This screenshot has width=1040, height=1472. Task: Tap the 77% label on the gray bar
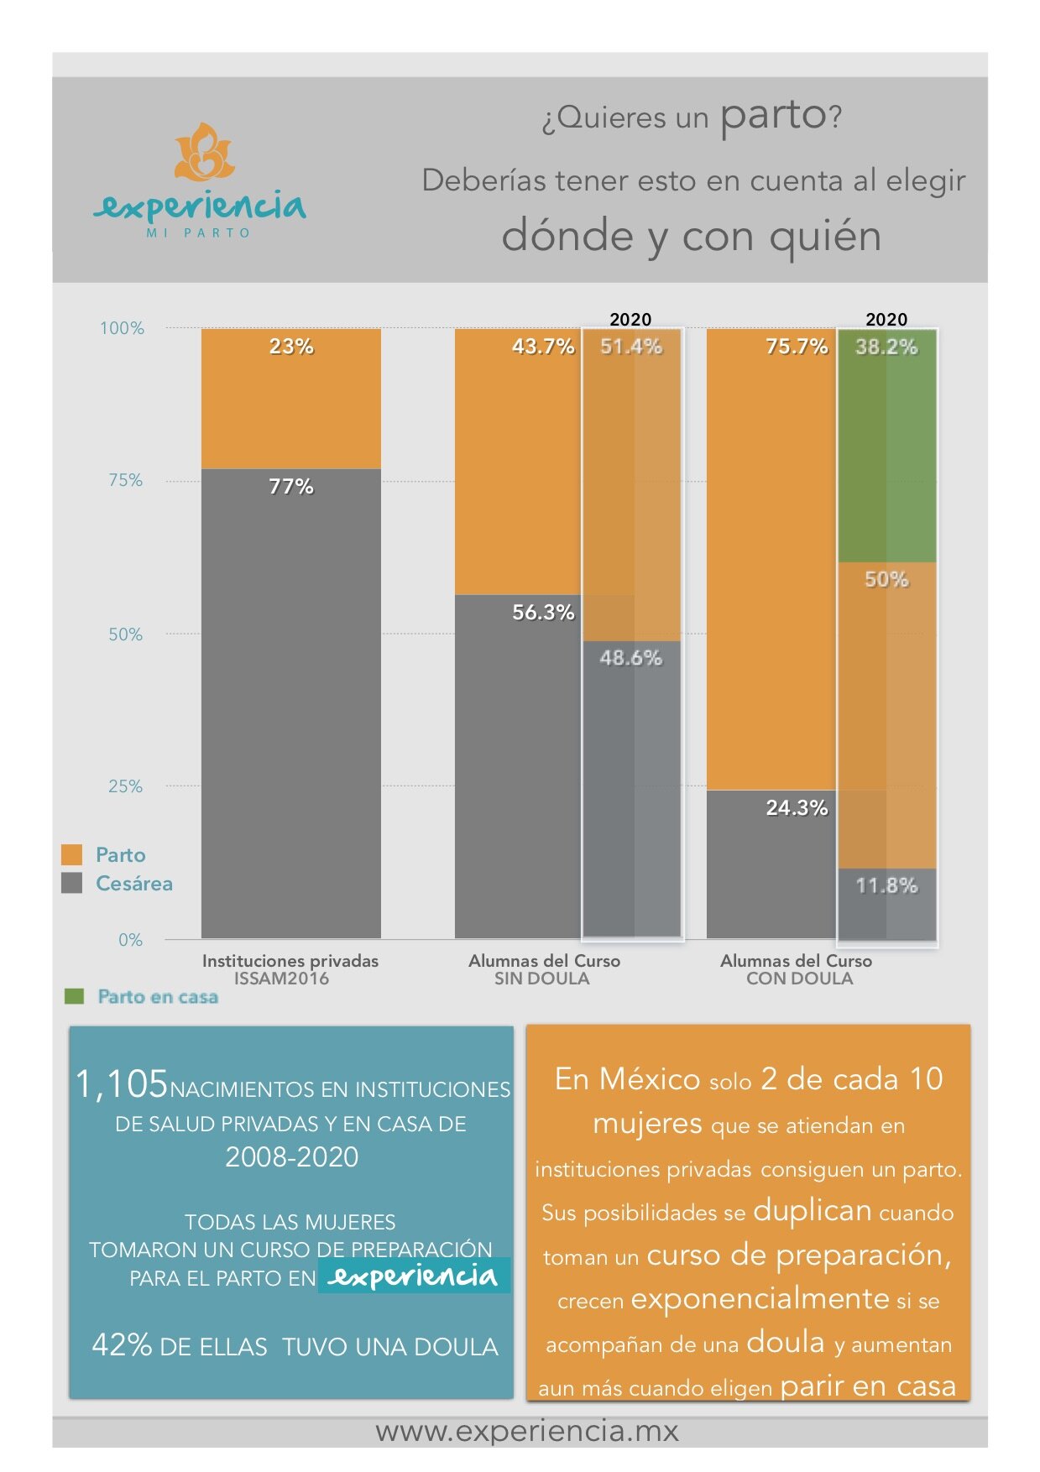290,486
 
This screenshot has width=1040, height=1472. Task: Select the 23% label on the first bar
290,346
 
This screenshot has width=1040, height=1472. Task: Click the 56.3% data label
543,612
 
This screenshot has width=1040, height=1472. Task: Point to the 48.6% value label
630,658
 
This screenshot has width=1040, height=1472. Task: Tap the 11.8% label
886,885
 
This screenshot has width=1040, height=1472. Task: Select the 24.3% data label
797,807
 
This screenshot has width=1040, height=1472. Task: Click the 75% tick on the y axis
125,480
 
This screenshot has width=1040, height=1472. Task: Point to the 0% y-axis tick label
130,940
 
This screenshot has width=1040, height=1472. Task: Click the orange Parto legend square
72,854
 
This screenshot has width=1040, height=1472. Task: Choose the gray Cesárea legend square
72,883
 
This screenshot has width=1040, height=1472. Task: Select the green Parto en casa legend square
75,996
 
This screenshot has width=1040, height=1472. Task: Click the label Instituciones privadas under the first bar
290,961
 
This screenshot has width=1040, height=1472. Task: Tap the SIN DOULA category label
542,979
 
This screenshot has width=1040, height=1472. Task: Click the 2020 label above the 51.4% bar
630,319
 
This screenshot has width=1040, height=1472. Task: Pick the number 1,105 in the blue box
122,1083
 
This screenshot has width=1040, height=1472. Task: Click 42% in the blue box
122,1344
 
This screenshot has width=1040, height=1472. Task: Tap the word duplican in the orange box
813,1210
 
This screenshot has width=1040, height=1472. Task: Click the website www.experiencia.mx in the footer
527,1431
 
